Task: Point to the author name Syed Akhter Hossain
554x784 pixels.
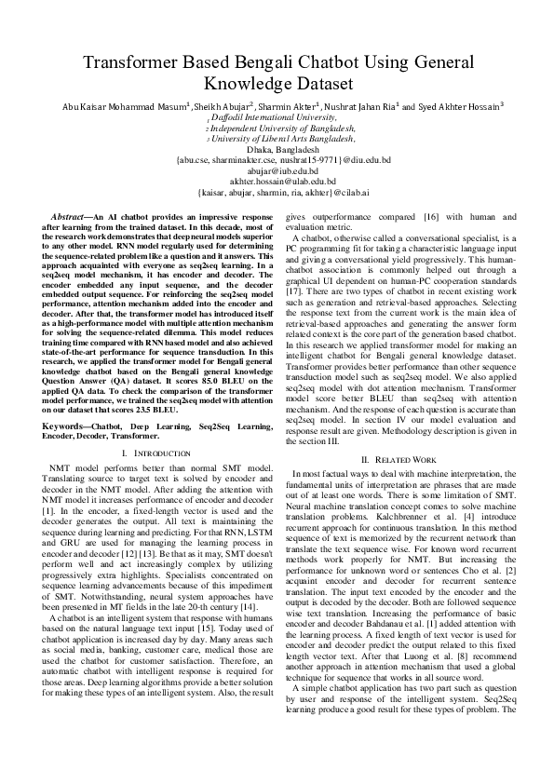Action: pyautogui.click(x=457, y=108)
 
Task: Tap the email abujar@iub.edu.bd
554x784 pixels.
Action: pyautogui.click(x=277, y=171)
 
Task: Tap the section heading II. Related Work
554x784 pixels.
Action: pyautogui.click(x=398, y=460)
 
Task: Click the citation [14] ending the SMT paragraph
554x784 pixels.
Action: pyautogui.click(x=247, y=633)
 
